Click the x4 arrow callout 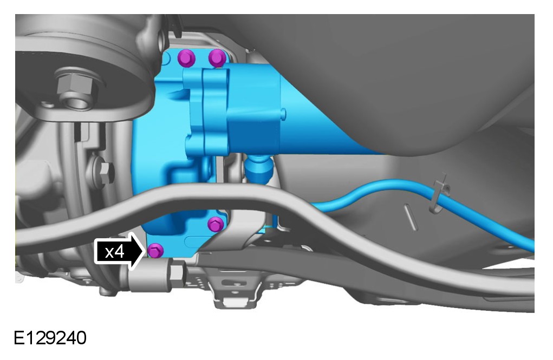pos(120,251)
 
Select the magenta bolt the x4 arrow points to pos(155,251)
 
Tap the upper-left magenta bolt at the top pos(186,58)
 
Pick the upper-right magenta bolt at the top pos(217,58)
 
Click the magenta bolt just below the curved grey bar pos(216,224)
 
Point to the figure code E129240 pos(50,338)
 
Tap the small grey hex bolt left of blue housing pos(105,172)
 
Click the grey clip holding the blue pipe pos(439,194)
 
